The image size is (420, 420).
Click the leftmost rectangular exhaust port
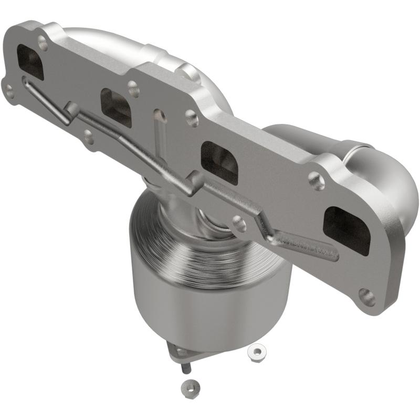(30, 62)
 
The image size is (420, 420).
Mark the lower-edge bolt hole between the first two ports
(88, 138)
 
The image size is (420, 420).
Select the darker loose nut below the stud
(187, 387)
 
